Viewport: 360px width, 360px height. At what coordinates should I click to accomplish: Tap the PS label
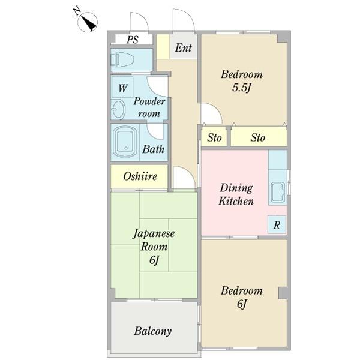coord(133,40)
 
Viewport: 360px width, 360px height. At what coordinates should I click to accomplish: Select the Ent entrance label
coord(184,47)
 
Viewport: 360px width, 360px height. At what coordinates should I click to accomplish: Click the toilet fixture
coord(124,61)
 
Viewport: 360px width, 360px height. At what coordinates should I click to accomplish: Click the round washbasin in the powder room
coord(118,109)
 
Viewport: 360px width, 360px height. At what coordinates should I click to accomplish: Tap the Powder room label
coord(149,107)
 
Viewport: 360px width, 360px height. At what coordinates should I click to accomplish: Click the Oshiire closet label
coord(140,176)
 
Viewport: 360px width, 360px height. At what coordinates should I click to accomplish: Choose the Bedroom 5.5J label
coord(241,81)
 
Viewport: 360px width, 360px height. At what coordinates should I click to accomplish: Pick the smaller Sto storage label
coord(214,138)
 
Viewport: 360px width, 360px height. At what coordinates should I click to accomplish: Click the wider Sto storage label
coord(257,138)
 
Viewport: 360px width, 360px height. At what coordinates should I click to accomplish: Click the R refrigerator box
coord(277,225)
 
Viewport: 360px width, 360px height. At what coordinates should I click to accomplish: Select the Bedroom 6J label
coord(241,298)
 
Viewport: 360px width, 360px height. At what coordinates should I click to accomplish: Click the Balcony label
coord(153,331)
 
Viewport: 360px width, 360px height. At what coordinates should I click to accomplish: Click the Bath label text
coord(154,149)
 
